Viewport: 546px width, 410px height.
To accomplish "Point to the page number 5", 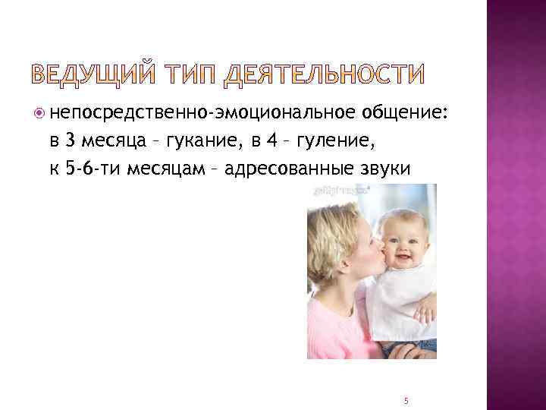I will click(x=406, y=400).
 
